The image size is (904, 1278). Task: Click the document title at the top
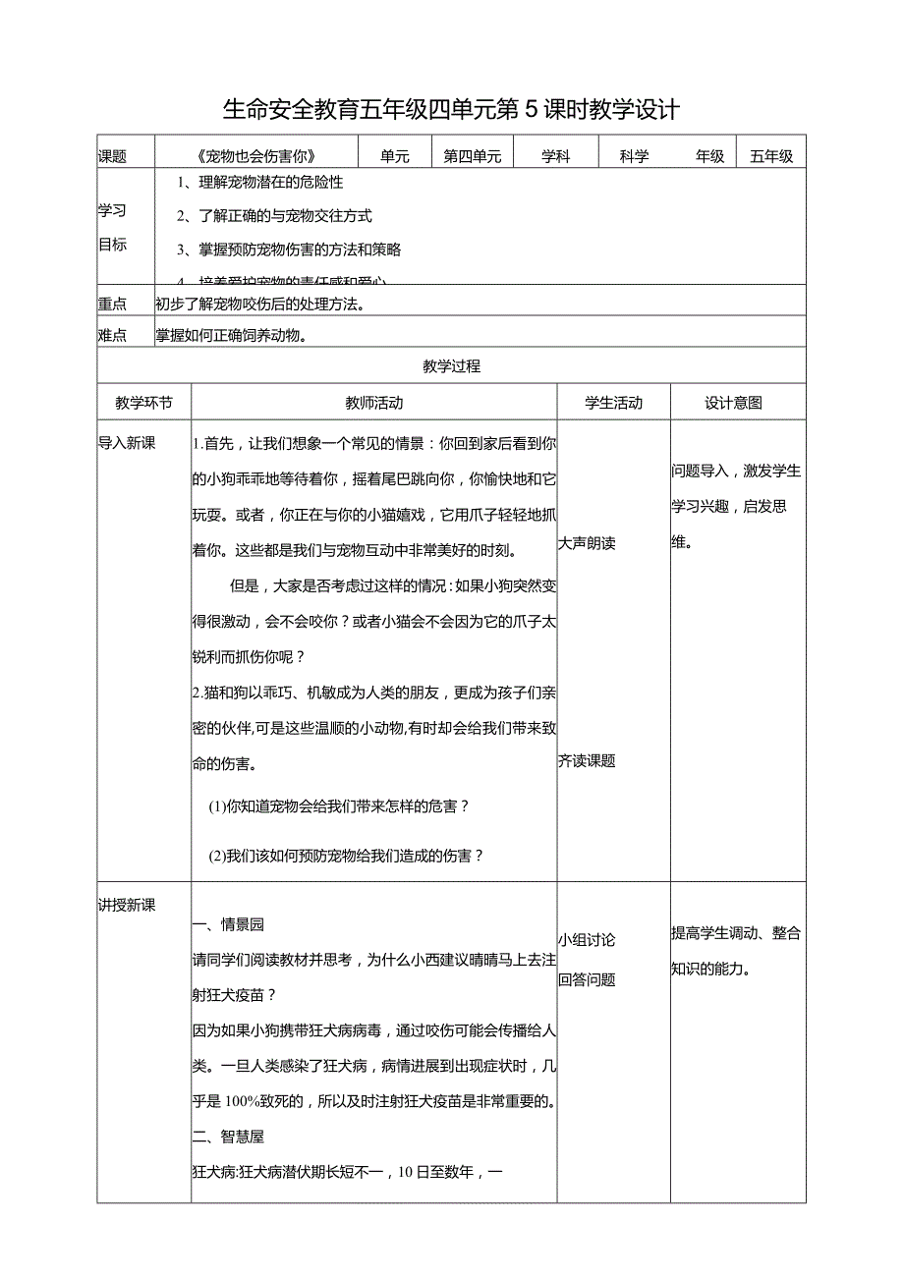pos(451,108)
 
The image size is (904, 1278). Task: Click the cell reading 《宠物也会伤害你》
pos(259,156)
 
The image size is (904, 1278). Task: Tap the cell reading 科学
pos(635,156)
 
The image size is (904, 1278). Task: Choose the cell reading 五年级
pos(771,156)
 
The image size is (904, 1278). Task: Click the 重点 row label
pos(112,304)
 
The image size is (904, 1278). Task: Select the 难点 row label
pos(112,335)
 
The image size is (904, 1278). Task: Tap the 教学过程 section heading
pos(451,366)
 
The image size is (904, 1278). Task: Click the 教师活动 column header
pos(373,403)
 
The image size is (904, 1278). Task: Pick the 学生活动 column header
pos(613,403)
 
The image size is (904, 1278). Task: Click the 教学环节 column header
pos(143,403)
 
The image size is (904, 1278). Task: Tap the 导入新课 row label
pos(127,443)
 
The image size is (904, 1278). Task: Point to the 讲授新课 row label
pos(127,906)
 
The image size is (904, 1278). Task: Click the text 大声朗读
pos(587,543)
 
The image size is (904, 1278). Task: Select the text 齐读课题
pos(587,761)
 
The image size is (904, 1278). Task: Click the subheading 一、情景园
pos(229,924)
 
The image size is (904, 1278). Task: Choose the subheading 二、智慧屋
pos(229,1137)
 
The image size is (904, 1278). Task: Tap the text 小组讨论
pos(587,940)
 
